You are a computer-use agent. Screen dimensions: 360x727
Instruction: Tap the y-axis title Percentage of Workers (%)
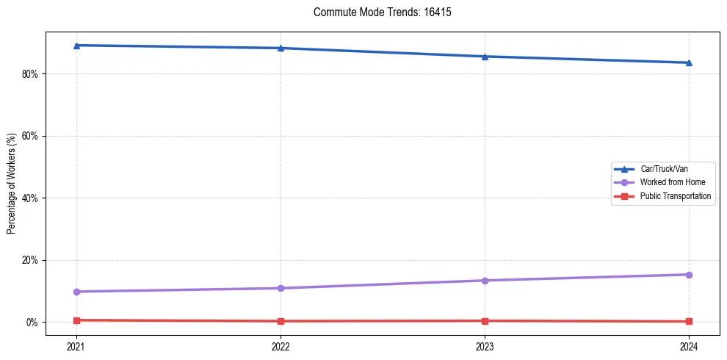[x=12, y=184]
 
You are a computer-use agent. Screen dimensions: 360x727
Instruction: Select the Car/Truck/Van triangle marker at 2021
[x=76, y=46]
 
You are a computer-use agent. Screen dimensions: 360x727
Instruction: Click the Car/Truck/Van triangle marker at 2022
[x=281, y=48]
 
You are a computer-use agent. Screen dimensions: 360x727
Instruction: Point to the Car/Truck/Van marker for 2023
[x=485, y=57]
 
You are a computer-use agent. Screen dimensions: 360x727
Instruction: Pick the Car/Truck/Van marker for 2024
[x=689, y=62]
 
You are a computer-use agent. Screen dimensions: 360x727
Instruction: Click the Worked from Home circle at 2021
[x=76, y=292]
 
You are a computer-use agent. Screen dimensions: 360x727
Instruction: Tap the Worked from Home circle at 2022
[x=281, y=288]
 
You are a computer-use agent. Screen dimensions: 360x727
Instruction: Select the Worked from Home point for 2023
[x=485, y=281]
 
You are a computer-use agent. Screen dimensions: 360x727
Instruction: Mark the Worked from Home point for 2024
[x=689, y=275]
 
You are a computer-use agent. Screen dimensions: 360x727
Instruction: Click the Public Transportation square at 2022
[x=281, y=321]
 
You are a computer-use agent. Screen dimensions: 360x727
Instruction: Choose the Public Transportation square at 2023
[x=485, y=321]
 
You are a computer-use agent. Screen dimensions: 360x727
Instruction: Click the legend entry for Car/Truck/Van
[x=664, y=169]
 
